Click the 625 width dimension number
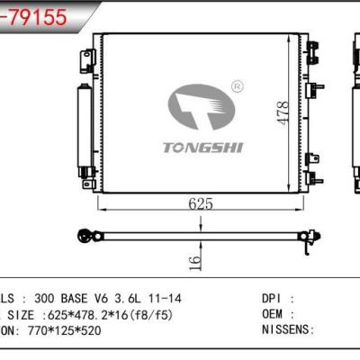201,203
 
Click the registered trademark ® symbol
237,86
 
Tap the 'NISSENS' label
287,330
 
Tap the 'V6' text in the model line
107,298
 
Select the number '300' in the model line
44,298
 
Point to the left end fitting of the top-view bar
88,238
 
